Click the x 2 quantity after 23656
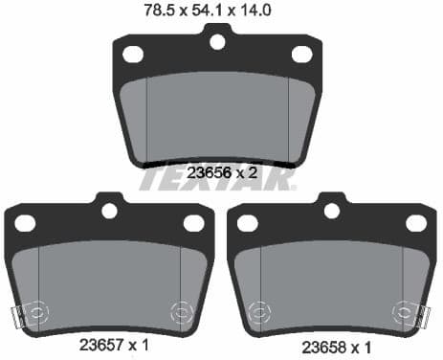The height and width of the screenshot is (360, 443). point(246,173)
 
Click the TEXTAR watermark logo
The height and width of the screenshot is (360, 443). point(221,179)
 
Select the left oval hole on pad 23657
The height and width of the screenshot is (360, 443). point(25,223)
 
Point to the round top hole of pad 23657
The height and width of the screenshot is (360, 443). point(109,210)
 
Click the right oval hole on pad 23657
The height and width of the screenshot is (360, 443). point(193,223)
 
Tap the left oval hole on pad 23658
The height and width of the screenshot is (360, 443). point(248,223)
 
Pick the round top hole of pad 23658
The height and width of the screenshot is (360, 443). point(332,210)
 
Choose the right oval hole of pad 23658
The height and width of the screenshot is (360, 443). point(416,223)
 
